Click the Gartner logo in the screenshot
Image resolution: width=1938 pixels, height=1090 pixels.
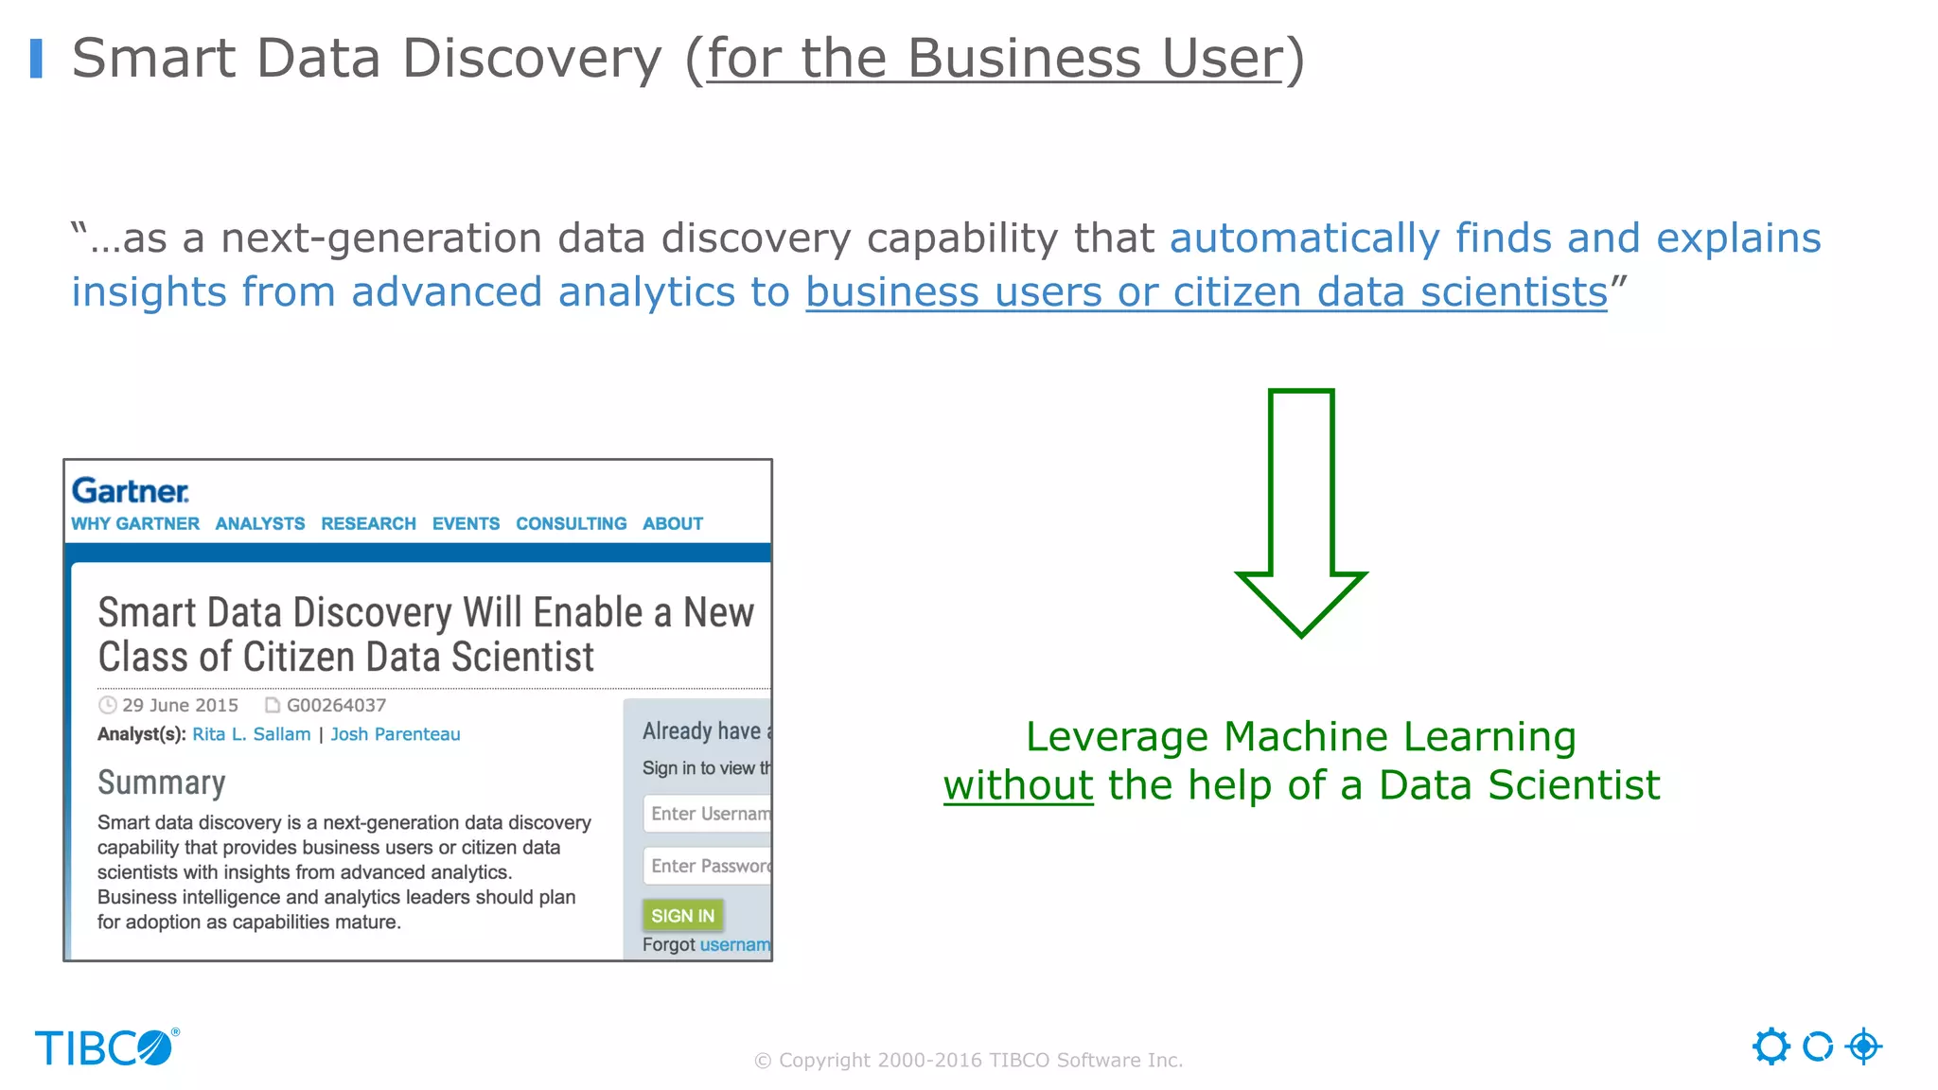point(131,491)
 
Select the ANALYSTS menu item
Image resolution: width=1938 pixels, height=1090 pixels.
point(260,523)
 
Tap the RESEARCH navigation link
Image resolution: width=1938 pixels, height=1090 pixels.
point(368,523)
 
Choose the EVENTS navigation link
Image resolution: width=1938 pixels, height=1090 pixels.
point(466,523)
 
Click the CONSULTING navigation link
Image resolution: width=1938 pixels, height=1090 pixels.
point(571,523)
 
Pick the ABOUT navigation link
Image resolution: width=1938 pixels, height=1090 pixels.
point(673,523)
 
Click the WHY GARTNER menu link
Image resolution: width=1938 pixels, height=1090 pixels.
point(135,523)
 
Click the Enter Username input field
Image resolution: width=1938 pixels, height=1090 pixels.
point(708,814)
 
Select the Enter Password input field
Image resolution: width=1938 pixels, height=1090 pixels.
point(708,866)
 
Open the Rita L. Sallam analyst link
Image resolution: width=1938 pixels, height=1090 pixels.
point(251,734)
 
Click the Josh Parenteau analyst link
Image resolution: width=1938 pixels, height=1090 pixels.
point(396,734)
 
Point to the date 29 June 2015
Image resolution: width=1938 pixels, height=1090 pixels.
point(180,705)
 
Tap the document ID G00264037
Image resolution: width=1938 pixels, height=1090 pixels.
point(336,705)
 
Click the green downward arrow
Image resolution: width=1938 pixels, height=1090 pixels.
point(1301,512)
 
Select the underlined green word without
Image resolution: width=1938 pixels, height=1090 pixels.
point(1018,785)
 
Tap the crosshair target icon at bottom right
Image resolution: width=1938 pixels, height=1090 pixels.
point(1863,1046)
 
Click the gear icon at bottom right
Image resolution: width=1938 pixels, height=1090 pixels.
point(1771,1046)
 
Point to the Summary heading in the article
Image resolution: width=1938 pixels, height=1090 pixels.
point(162,782)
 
